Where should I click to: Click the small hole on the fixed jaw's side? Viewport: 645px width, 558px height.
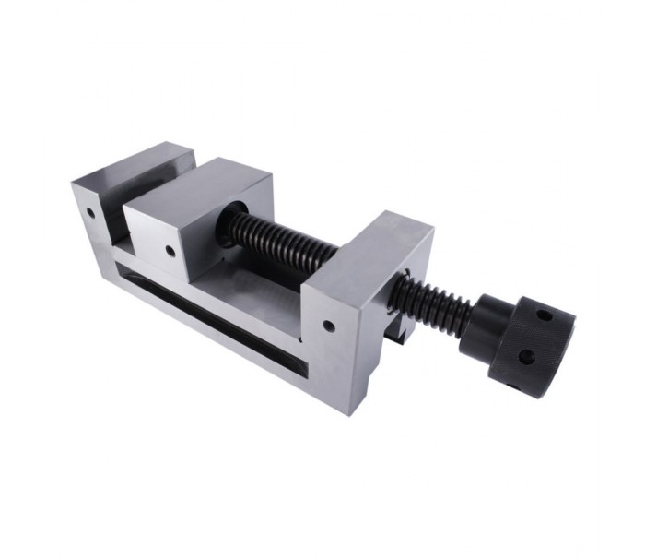click(91, 211)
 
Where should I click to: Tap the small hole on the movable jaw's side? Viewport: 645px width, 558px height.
click(171, 250)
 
